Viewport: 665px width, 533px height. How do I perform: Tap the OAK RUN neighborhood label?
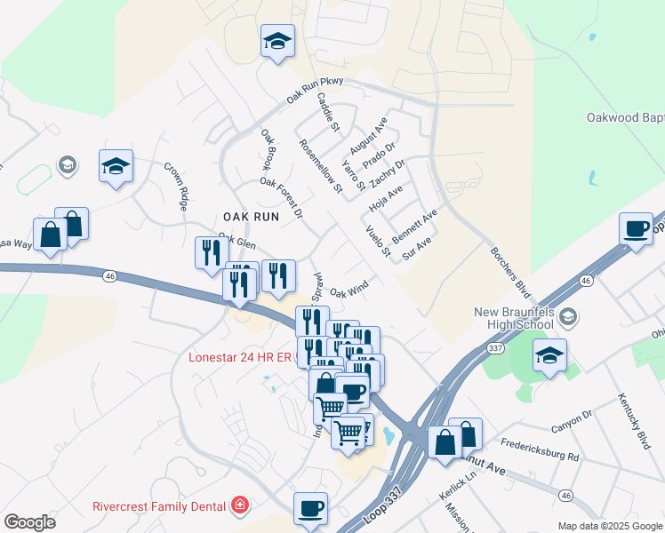point(251,216)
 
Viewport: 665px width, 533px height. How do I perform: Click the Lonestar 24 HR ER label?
point(240,358)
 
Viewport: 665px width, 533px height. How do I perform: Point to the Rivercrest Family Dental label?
point(160,507)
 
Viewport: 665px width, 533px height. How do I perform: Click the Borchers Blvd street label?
point(510,270)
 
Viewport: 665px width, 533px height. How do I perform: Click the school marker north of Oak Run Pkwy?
point(277,41)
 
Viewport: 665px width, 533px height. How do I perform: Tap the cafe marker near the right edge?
point(637,228)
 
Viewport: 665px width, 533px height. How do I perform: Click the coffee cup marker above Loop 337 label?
point(310,508)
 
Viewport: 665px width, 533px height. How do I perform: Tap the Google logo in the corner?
point(29,522)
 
